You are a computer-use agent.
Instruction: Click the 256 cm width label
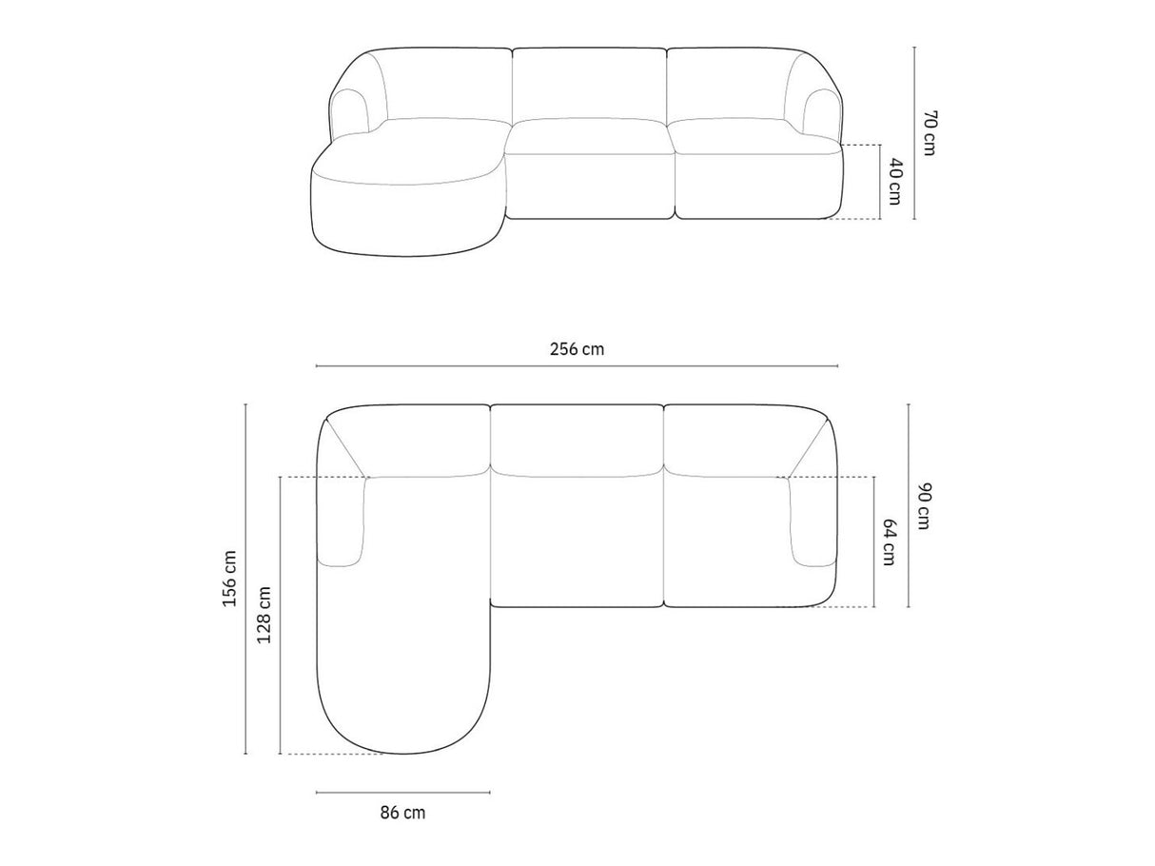[577, 349]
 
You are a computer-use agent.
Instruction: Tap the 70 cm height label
[930, 133]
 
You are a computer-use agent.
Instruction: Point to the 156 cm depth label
[229, 579]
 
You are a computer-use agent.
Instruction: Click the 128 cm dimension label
[264, 615]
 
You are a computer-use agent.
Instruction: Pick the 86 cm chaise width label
[402, 813]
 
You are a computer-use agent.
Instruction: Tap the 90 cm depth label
[924, 506]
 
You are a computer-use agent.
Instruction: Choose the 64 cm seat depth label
[889, 541]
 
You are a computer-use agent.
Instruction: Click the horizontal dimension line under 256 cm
[577, 365]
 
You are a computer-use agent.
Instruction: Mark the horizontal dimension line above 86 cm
[403, 793]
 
